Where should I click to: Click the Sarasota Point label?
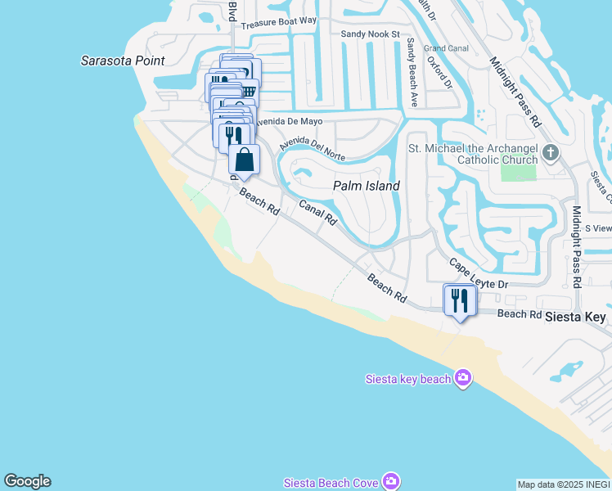point(123,61)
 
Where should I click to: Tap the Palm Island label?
point(367,186)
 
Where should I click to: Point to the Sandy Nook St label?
point(369,34)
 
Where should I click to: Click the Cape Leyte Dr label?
point(479,275)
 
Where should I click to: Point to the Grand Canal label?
point(446,48)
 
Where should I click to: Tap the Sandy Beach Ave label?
point(412,73)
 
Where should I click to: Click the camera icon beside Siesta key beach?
point(463,377)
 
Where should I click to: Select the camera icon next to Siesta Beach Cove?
point(391,482)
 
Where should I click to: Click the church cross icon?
point(551,152)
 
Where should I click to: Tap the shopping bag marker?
point(244,159)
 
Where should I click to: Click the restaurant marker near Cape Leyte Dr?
point(459,300)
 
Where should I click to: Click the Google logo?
point(27,481)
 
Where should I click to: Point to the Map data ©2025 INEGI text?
point(564,484)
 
